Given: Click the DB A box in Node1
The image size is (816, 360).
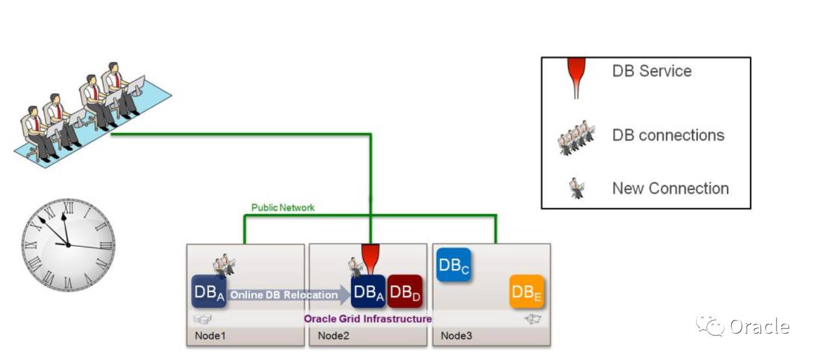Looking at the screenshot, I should click(209, 292).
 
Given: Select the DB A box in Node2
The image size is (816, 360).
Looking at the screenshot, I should click(368, 292).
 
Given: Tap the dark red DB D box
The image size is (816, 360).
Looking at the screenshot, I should click(405, 292).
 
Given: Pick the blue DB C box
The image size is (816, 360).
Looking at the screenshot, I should click(454, 265).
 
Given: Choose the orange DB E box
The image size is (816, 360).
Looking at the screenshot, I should click(527, 292).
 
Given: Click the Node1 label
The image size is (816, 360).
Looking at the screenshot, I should click(210, 335).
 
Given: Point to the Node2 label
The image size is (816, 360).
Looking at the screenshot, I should click(333, 335).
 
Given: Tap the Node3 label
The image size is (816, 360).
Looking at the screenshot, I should click(456, 335).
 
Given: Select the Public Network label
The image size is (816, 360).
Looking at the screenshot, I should click(283, 207).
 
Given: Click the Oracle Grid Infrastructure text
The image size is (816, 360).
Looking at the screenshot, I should click(367, 318).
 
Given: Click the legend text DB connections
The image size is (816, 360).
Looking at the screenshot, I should click(668, 135).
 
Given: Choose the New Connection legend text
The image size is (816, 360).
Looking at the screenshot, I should click(670, 188).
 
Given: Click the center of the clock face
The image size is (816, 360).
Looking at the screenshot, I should click(68, 245).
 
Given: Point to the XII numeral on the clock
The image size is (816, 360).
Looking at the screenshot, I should click(69, 208).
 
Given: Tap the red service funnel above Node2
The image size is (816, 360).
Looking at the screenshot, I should click(370, 257).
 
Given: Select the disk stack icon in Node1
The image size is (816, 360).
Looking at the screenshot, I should click(202, 319).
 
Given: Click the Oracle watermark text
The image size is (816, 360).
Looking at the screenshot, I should click(759, 327).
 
